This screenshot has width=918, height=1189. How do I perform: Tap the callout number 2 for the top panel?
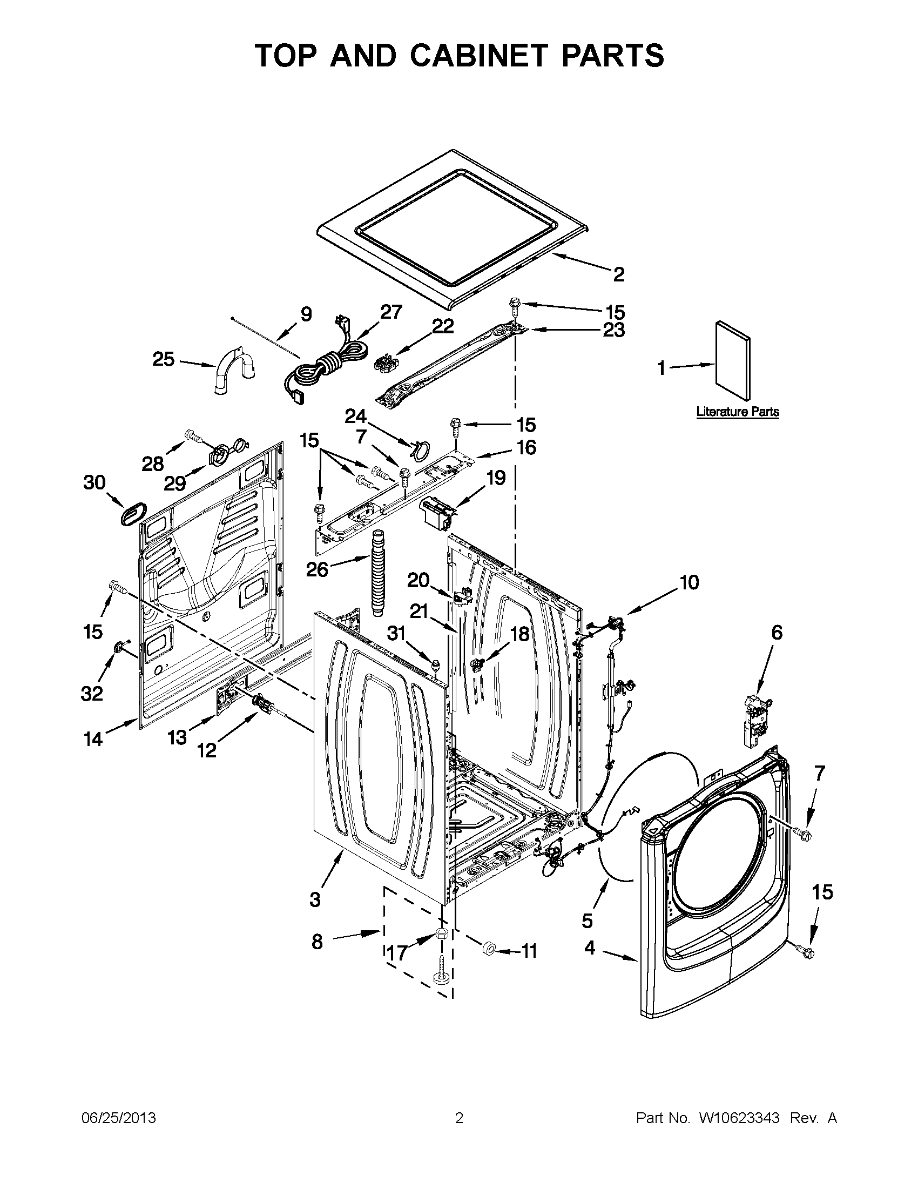[619, 274]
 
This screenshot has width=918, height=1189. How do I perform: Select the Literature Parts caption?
[737, 412]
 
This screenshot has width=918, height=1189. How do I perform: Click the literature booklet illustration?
[732, 360]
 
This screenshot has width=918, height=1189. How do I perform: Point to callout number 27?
[391, 311]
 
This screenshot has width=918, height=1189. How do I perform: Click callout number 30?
[94, 482]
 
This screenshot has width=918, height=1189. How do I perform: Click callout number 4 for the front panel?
[590, 948]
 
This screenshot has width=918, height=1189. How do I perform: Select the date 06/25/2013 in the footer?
[119, 1118]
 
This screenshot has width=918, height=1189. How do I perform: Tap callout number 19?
[496, 478]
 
